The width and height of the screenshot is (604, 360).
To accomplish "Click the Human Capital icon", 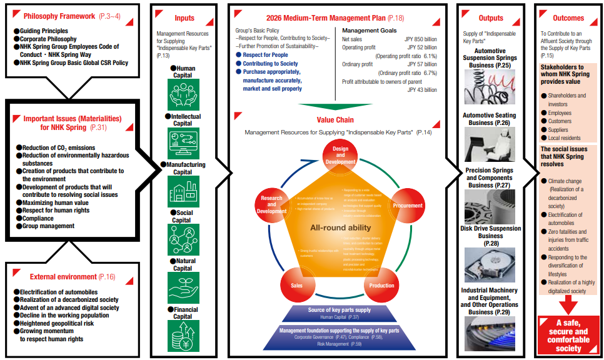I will (x=184, y=94).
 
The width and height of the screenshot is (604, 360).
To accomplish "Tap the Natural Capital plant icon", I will (x=184, y=287).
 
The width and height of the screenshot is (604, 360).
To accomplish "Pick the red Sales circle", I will (x=298, y=284).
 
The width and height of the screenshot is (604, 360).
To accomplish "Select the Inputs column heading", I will (x=184, y=18).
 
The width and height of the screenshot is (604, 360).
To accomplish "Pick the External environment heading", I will (x=62, y=276).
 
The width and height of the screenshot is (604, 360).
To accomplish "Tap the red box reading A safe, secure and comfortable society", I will (x=568, y=336).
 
